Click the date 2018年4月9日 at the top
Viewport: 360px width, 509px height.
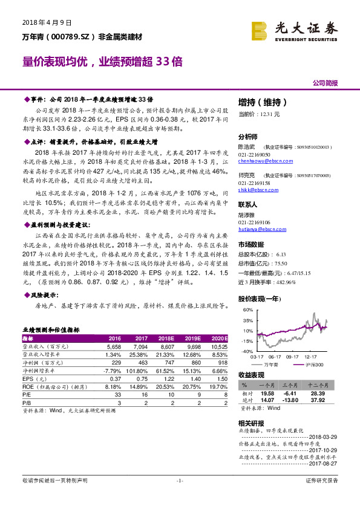[47, 22]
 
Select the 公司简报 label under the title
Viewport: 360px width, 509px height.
[325, 83]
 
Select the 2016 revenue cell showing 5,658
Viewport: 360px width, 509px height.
[114, 346]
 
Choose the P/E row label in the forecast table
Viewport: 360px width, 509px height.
[27, 393]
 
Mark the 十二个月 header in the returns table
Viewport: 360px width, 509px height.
[319, 384]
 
